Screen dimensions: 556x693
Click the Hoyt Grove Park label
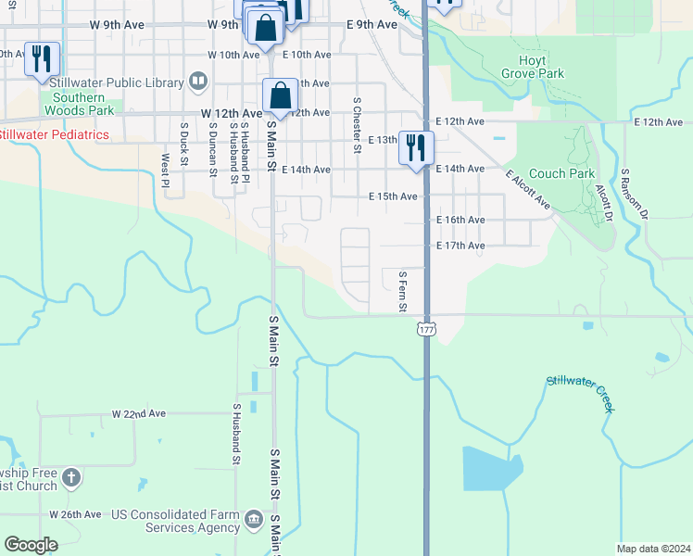point(533,66)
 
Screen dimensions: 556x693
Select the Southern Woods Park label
point(78,104)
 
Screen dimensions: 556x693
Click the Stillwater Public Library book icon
point(197,82)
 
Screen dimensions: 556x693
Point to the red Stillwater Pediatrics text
point(54,135)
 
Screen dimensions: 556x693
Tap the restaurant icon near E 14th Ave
point(416,147)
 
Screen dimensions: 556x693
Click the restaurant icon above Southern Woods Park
point(42,59)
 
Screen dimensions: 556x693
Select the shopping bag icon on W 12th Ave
point(280,95)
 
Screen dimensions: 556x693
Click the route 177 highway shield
point(426,330)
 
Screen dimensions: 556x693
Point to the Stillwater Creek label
point(580,394)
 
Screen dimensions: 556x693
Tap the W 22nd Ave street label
point(138,413)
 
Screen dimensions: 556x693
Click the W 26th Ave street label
point(75,513)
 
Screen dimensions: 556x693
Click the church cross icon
point(71,478)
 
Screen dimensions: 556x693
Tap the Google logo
point(31,544)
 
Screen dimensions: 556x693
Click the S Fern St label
point(402,291)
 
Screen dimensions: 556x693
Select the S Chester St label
point(357,125)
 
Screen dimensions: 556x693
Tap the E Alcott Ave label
point(528,189)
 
